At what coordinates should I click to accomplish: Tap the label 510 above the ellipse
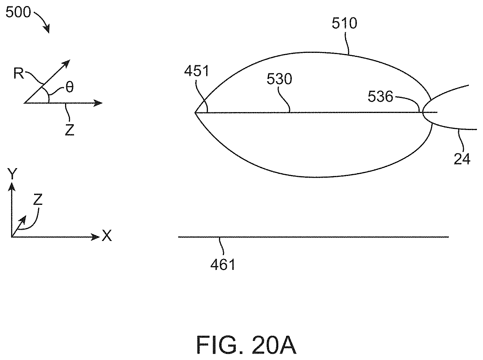344,23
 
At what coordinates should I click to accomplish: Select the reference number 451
197,71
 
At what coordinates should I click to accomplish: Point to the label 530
279,79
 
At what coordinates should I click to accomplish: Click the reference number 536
380,97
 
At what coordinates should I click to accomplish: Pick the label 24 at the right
462,159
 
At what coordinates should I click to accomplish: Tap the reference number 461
223,264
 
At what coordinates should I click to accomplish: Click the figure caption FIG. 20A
246,345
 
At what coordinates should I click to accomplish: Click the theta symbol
69,87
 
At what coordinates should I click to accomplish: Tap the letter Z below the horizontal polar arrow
69,130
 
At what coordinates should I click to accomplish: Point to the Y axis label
12,174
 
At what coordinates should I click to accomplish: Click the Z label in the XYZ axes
38,200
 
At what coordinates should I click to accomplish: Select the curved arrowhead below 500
46,29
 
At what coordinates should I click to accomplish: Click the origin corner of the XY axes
12,237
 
